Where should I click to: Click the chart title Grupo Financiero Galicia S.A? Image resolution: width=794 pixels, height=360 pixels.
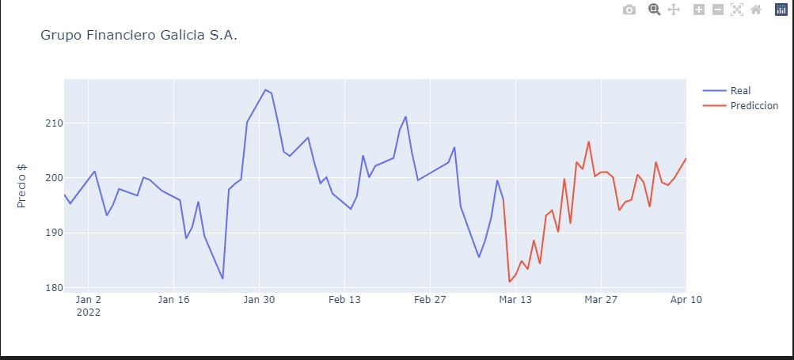(139, 36)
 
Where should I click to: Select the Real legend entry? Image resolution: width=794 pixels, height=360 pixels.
(740, 90)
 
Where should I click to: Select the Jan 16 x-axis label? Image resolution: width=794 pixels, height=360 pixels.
(173, 300)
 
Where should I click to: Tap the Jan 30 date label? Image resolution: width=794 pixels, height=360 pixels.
(259, 300)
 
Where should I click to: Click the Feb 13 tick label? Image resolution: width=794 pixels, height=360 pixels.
(344, 300)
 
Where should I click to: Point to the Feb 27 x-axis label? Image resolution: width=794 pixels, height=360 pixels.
(430, 300)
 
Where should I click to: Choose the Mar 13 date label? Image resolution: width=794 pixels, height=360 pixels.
(515, 300)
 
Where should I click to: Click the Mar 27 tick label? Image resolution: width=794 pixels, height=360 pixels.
(601, 300)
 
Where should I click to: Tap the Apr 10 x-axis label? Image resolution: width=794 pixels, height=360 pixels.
(686, 300)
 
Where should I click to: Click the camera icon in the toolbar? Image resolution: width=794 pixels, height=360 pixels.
(629, 9)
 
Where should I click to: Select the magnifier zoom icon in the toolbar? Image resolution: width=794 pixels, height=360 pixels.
(655, 9)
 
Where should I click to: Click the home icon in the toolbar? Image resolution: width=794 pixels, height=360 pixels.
(755, 9)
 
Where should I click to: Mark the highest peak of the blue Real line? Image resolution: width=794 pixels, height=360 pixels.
(265, 89)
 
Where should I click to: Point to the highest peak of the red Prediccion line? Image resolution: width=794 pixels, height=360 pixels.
(589, 142)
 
